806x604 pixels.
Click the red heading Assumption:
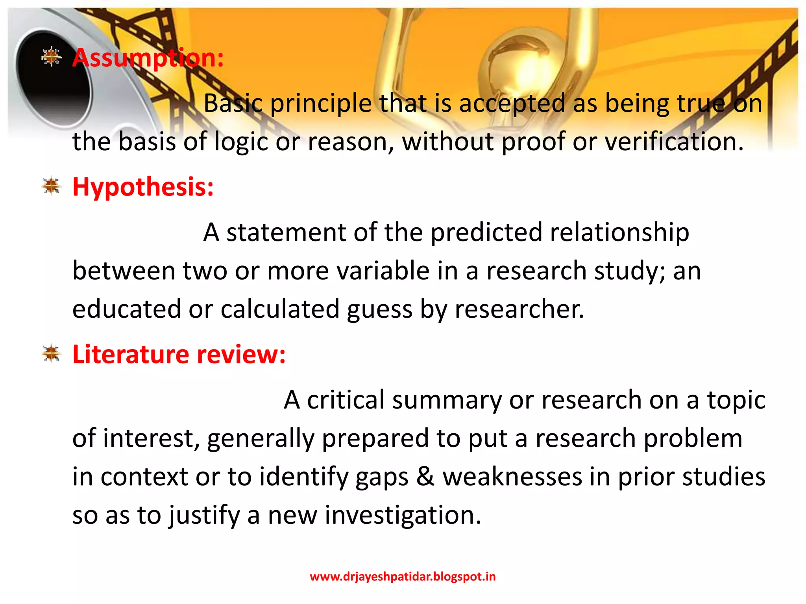(x=148, y=58)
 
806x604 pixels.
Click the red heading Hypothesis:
(x=143, y=187)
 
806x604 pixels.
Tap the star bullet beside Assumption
(x=52, y=57)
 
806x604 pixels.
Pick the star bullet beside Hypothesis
(x=52, y=186)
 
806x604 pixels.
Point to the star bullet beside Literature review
(x=52, y=353)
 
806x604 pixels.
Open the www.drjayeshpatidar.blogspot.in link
(x=403, y=576)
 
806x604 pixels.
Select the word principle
(x=321, y=104)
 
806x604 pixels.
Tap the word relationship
(x=619, y=232)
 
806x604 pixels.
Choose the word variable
(x=379, y=271)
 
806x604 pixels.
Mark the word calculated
(x=280, y=309)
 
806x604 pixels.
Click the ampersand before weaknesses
(x=425, y=477)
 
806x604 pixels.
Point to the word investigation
(x=403, y=515)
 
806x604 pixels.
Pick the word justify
(x=204, y=516)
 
